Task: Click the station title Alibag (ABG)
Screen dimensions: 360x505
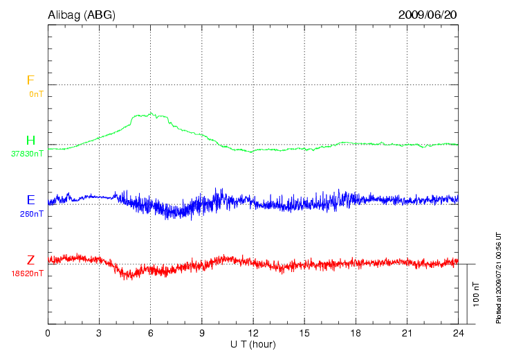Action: point(82,14)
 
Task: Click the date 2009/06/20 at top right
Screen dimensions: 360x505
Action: point(428,14)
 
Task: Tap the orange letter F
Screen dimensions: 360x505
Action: point(30,80)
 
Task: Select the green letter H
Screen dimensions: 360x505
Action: point(30,141)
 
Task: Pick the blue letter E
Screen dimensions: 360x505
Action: point(30,200)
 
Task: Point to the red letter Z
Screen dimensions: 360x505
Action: point(30,260)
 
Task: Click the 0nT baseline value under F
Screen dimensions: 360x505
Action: point(35,93)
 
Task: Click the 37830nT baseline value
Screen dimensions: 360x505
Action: point(27,154)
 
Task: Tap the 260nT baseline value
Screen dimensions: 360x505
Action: point(32,214)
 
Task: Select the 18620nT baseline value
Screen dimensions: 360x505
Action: point(27,273)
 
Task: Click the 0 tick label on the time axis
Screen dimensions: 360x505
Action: point(48,333)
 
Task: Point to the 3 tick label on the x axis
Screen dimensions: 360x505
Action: point(99,333)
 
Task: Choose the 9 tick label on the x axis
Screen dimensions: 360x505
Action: point(202,333)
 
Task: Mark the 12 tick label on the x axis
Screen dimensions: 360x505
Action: point(253,333)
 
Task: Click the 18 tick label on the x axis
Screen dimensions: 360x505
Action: point(356,333)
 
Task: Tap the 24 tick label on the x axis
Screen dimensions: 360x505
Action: point(458,333)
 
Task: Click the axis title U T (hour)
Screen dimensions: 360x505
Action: point(253,344)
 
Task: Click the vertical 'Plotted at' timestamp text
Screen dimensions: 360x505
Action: point(498,277)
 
